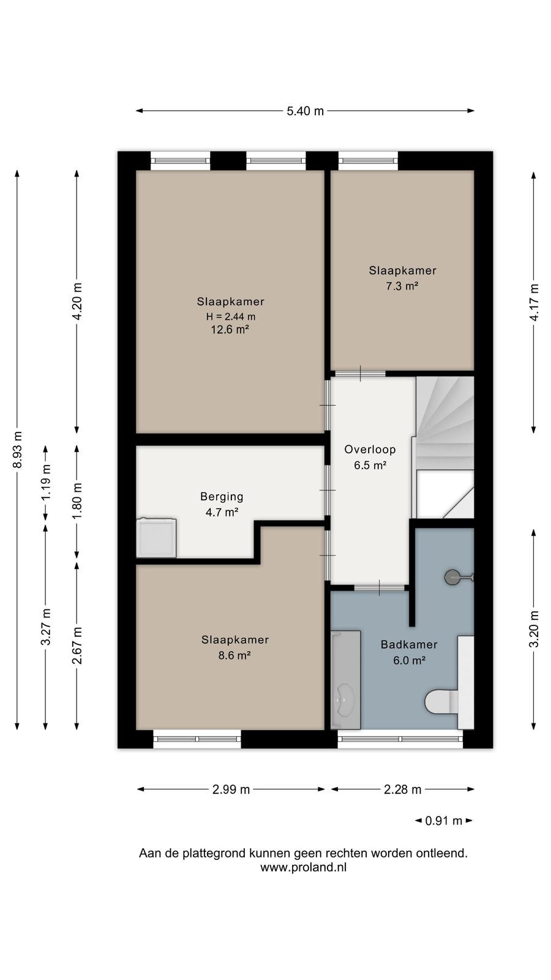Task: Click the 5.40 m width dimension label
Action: pyautogui.click(x=305, y=111)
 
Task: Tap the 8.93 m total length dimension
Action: pyautogui.click(x=18, y=450)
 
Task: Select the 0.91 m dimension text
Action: pyautogui.click(x=443, y=821)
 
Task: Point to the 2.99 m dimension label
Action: pyautogui.click(x=231, y=790)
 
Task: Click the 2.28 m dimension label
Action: pyautogui.click(x=402, y=790)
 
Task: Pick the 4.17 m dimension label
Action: pyautogui.click(x=534, y=303)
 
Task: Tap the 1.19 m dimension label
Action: pyautogui.click(x=45, y=481)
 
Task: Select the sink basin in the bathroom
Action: pyautogui.click(x=344, y=701)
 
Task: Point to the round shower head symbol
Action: pyautogui.click(x=452, y=578)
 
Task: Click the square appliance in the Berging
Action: pyautogui.click(x=156, y=538)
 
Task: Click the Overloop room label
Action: pyautogui.click(x=370, y=450)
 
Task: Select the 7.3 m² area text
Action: pyautogui.click(x=402, y=286)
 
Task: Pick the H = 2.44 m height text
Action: pyautogui.click(x=231, y=316)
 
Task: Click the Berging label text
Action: pyautogui.click(x=222, y=497)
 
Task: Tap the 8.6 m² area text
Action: pyautogui.click(x=234, y=655)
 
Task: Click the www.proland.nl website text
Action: pyautogui.click(x=304, y=867)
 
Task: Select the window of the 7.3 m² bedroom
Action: pyautogui.click(x=368, y=161)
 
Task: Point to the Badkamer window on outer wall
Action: pyautogui.click(x=400, y=739)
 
